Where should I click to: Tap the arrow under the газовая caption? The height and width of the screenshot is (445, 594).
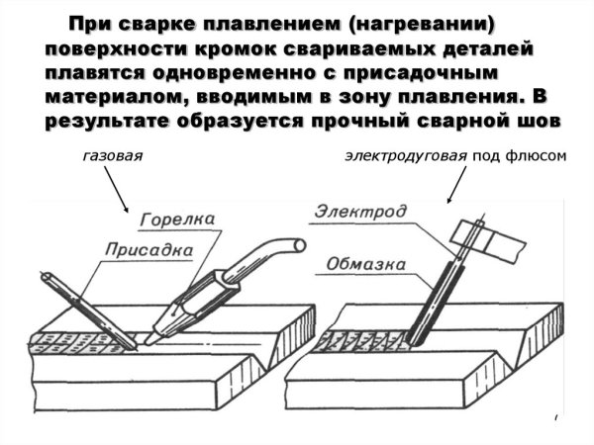(118, 194)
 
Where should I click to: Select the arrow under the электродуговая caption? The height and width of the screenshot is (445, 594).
(457, 187)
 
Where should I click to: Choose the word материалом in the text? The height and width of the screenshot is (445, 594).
(102, 96)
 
